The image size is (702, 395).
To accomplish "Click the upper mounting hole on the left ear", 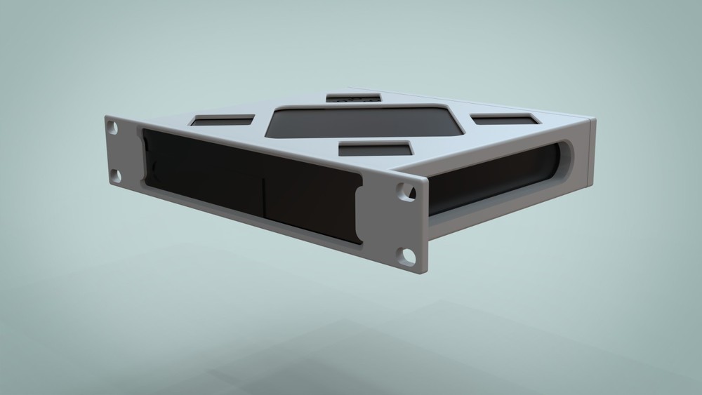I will point(112,128).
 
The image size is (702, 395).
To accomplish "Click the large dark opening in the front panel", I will point(246,182).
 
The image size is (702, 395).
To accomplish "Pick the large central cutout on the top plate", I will point(365,122).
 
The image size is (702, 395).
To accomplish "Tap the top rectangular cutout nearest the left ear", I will point(223,121).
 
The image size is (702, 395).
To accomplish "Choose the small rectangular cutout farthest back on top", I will point(353,98).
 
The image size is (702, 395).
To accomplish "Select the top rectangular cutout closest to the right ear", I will point(375,149).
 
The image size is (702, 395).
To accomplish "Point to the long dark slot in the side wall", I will point(491,182).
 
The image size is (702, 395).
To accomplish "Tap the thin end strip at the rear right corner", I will point(592,154).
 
